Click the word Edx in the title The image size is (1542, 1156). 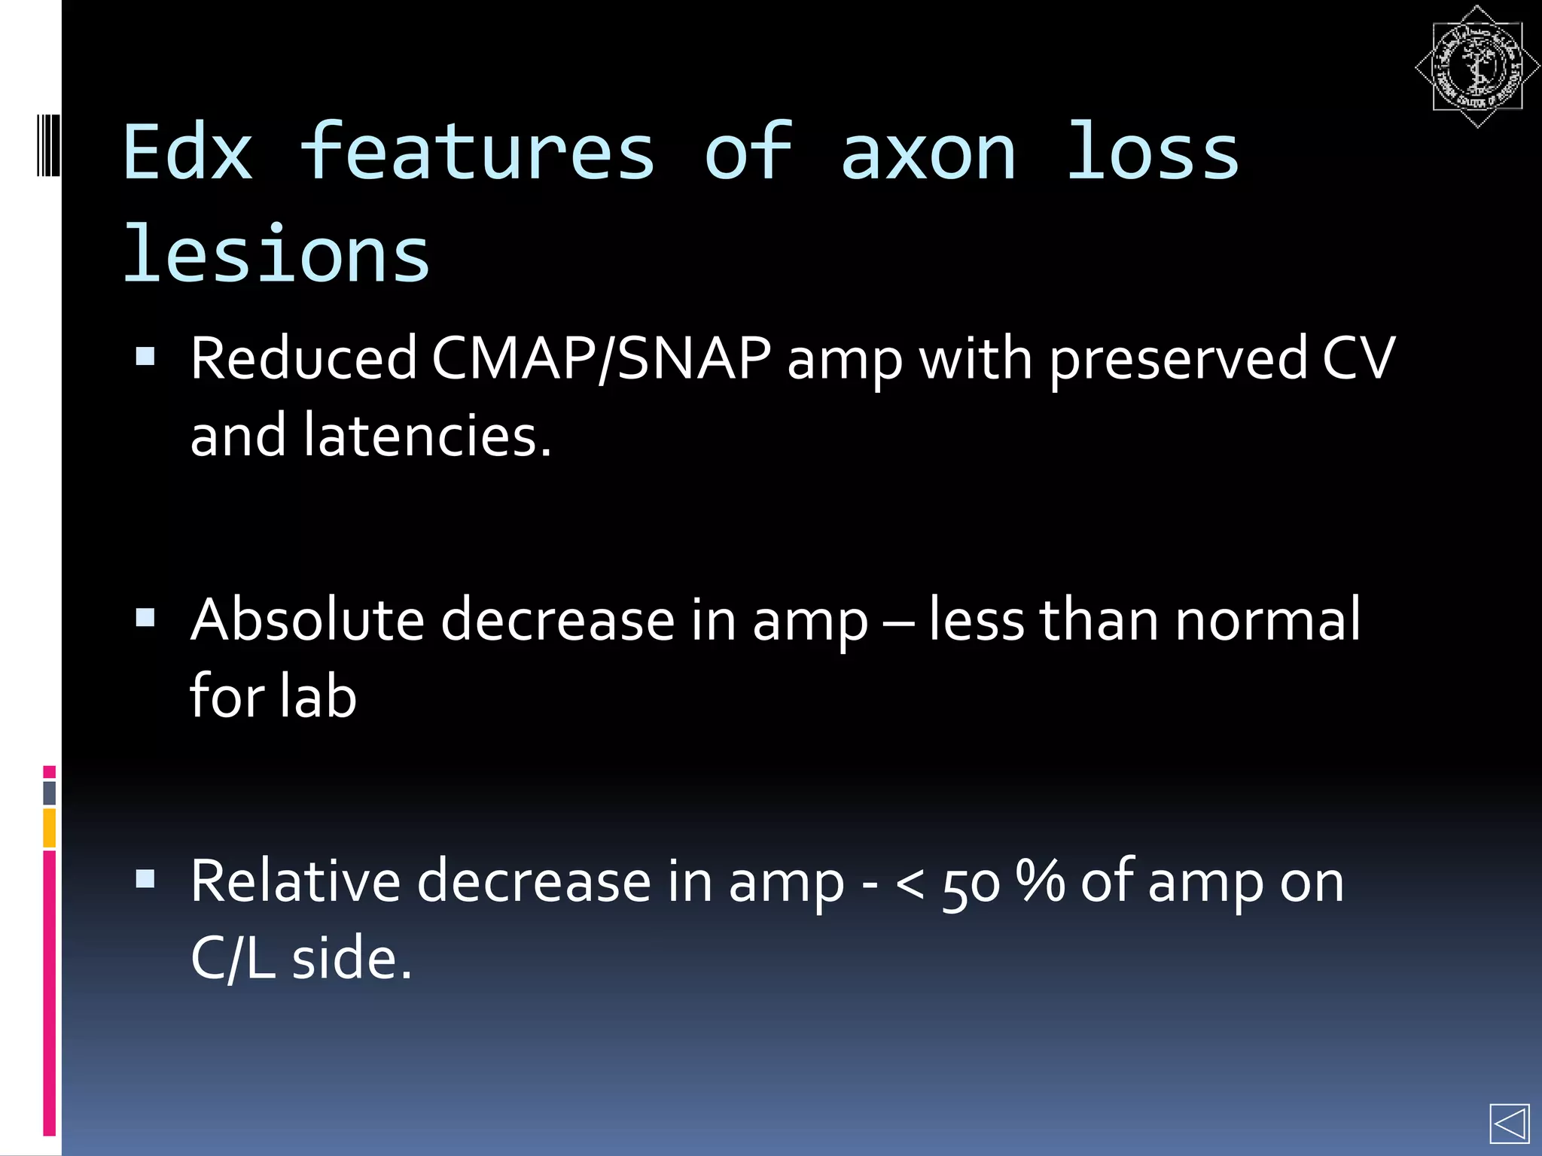(x=187, y=154)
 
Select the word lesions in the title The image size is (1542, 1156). (x=276, y=256)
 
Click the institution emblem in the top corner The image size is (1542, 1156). (x=1476, y=67)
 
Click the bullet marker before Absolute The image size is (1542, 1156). (x=145, y=618)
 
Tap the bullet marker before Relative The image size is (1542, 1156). (x=145, y=879)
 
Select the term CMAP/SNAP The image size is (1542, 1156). (x=601, y=358)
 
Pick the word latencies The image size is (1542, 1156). (x=426, y=436)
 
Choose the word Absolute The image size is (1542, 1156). (x=307, y=620)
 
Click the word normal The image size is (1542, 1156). (x=1268, y=620)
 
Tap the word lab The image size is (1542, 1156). (x=317, y=696)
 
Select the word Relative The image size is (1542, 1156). (x=295, y=881)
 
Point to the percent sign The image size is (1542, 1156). (x=1040, y=881)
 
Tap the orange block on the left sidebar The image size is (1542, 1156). (x=50, y=827)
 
